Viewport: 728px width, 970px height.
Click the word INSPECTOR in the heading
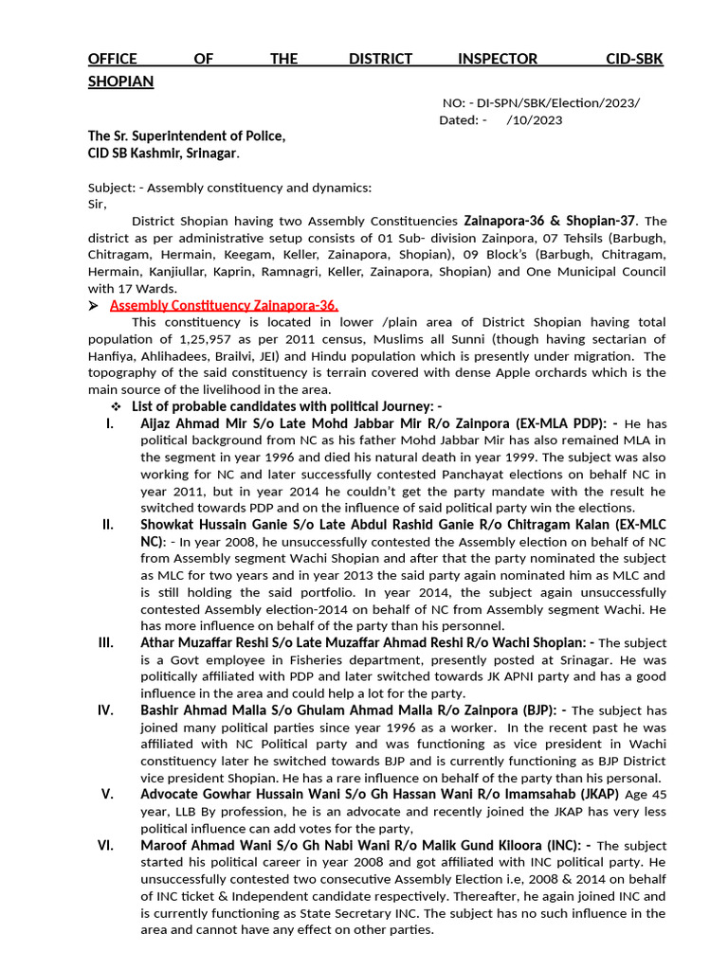(498, 59)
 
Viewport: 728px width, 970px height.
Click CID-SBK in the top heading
(634, 59)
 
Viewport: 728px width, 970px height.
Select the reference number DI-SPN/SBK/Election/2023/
(557, 102)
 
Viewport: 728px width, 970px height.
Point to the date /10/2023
(535, 120)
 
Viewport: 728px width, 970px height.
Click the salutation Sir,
(98, 204)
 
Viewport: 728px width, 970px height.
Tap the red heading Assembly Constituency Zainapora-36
(224, 305)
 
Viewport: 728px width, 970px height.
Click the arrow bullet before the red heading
(93, 305)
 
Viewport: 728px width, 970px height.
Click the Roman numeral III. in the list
(106, 642)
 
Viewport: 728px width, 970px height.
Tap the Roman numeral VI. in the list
(105, 845)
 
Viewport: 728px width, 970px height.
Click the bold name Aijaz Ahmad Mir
(193, 422)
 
